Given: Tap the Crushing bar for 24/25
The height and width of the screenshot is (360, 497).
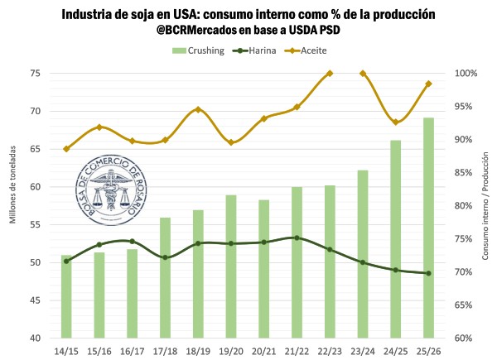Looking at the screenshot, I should (x=396, y=239).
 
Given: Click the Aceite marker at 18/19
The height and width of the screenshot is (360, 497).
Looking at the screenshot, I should (x=198, y=109).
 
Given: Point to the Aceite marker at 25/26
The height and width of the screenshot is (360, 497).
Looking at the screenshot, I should (x=428, y=84).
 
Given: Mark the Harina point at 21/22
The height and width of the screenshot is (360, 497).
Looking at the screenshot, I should (x=297, y=238).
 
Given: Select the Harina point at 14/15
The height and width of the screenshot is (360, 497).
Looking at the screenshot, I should (x=66, y=261).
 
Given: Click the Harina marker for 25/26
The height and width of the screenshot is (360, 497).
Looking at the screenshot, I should (x=428, y=273).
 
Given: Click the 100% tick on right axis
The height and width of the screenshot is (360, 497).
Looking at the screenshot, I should (x=466, y=73).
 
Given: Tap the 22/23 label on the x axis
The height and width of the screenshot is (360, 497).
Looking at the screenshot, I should (x=330, y=352).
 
